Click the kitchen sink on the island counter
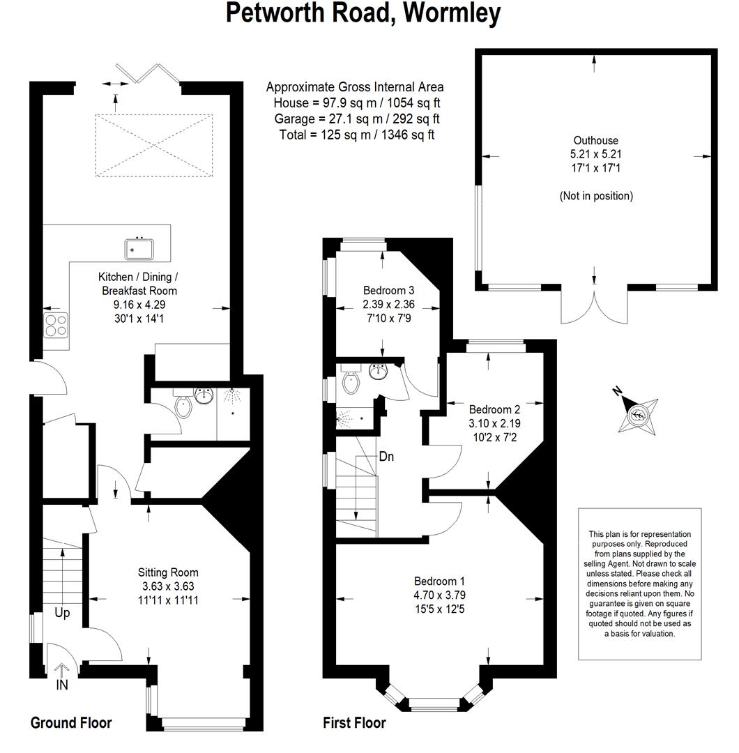(139, 249)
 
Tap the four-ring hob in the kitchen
(56, 325)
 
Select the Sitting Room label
(168, 572)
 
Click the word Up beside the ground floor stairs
(63, 613)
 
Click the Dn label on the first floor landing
(386, 456)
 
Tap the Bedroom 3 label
(388, 291)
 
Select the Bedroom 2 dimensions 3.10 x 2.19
(494, 424)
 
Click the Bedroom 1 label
(439, 581)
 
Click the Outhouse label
(596, 141)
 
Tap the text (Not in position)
(596, 196)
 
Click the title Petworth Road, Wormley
(363, 13)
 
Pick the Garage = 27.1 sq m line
(357, 119)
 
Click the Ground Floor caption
(71, 723)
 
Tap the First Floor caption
(354, 723)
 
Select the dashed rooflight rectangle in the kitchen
(154, 146)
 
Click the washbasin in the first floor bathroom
(379, 371)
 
